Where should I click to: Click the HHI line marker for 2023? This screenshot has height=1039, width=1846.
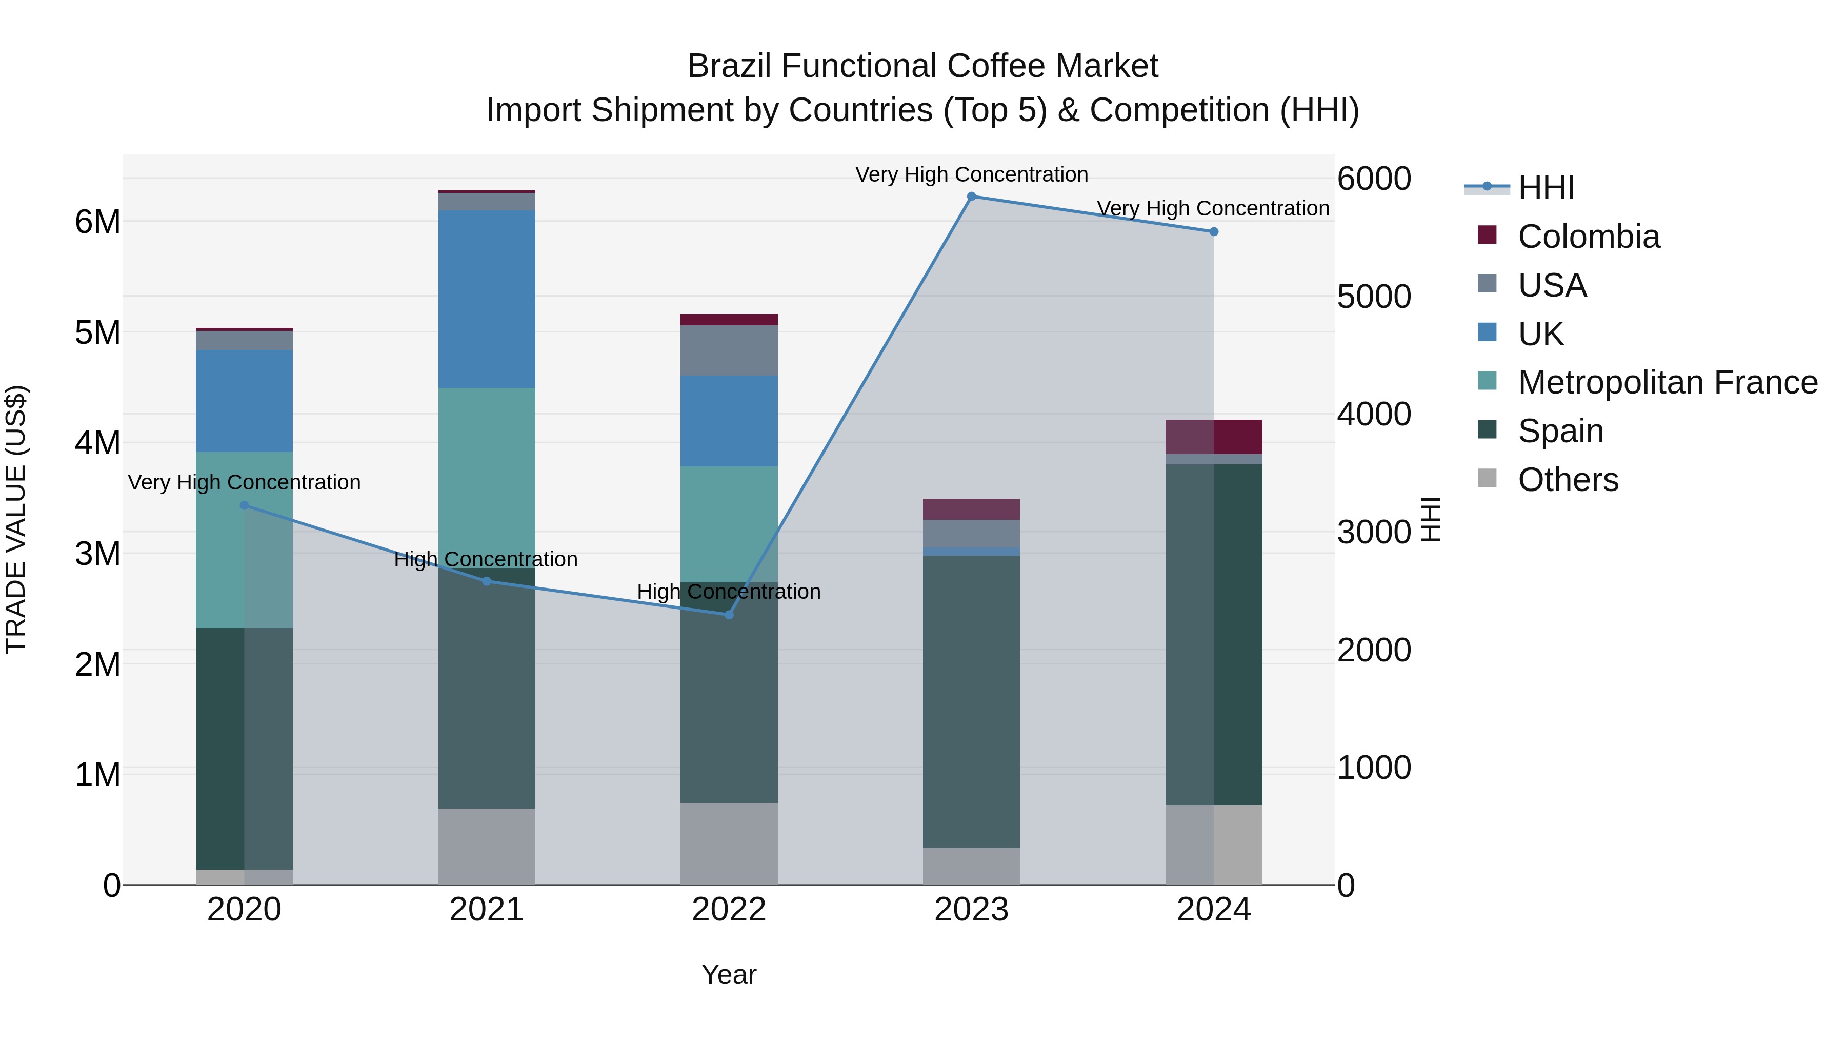pyautogui.click(x=971, y=197)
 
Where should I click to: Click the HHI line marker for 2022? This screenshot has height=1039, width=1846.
pyautogui.click(x=729, y=615)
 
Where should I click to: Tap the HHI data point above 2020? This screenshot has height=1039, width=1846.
pyautogui.click(x=245, y=505)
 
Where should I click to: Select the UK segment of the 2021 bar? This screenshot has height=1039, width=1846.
pyautogui.click(x=487, y=299)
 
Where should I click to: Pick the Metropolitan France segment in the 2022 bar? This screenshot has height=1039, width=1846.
pyautogui.click(x=729, y=524)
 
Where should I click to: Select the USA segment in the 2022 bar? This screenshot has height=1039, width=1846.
pyautogui.click(x=729, y=350)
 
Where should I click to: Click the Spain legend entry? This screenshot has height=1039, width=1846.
pyautogui.click(x=1560, y=432)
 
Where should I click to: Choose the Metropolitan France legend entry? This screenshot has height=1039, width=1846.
pyautogui.click(x=1667, y=383)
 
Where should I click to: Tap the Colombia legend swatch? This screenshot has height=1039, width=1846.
pyautogui.click(x=1487, y=235)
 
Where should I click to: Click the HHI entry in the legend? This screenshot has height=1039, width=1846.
pyautogui.click(x=1546, y=188)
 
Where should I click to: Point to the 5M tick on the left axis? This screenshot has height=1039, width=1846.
pyautogui.click(x=98, y=332)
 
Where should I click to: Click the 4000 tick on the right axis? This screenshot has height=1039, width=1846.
pyautogui.click(x=1374, y=415)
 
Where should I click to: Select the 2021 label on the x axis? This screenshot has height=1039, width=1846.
pyautogui.click(x=487, y=910)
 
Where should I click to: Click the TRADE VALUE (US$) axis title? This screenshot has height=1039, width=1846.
pyautogui.click(x=16, y=519)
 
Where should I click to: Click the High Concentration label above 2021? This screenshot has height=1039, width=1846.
pyautogui.click(x=486, y=559)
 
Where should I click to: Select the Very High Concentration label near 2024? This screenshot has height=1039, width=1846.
pyautogui.click(x=1213, y=209)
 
